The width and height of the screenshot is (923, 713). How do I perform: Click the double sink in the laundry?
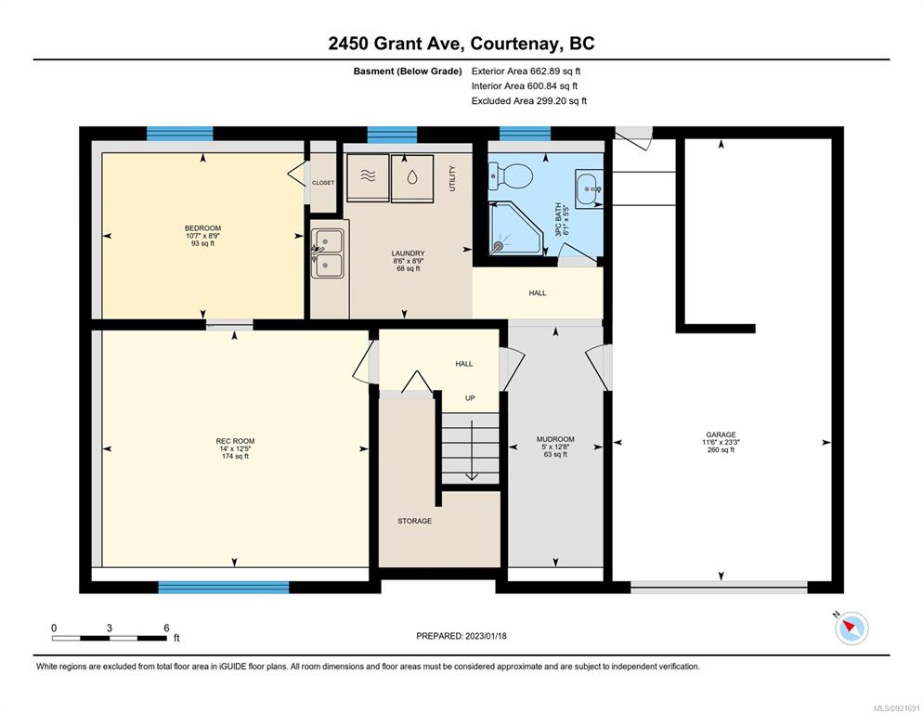327,253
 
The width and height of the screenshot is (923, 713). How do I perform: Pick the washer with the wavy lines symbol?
368,176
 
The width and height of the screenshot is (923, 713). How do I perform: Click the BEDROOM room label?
203,228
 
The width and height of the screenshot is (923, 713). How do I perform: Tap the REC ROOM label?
235,441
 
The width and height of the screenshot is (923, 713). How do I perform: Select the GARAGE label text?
721,434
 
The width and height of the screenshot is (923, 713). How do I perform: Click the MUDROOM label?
555,439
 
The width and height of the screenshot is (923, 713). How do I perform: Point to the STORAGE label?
414,521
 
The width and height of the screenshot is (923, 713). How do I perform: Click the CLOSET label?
323,183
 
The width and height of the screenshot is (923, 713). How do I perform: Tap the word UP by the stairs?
470,398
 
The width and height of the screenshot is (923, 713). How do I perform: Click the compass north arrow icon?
851,629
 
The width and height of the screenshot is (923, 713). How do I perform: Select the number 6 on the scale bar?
166,628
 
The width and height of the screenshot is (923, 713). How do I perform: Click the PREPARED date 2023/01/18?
486,636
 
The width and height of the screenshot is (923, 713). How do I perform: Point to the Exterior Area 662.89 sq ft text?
526,71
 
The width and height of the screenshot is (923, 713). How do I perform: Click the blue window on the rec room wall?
224,587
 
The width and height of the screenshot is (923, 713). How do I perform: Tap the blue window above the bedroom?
179,134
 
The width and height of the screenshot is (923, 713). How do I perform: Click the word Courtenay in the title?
513,44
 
